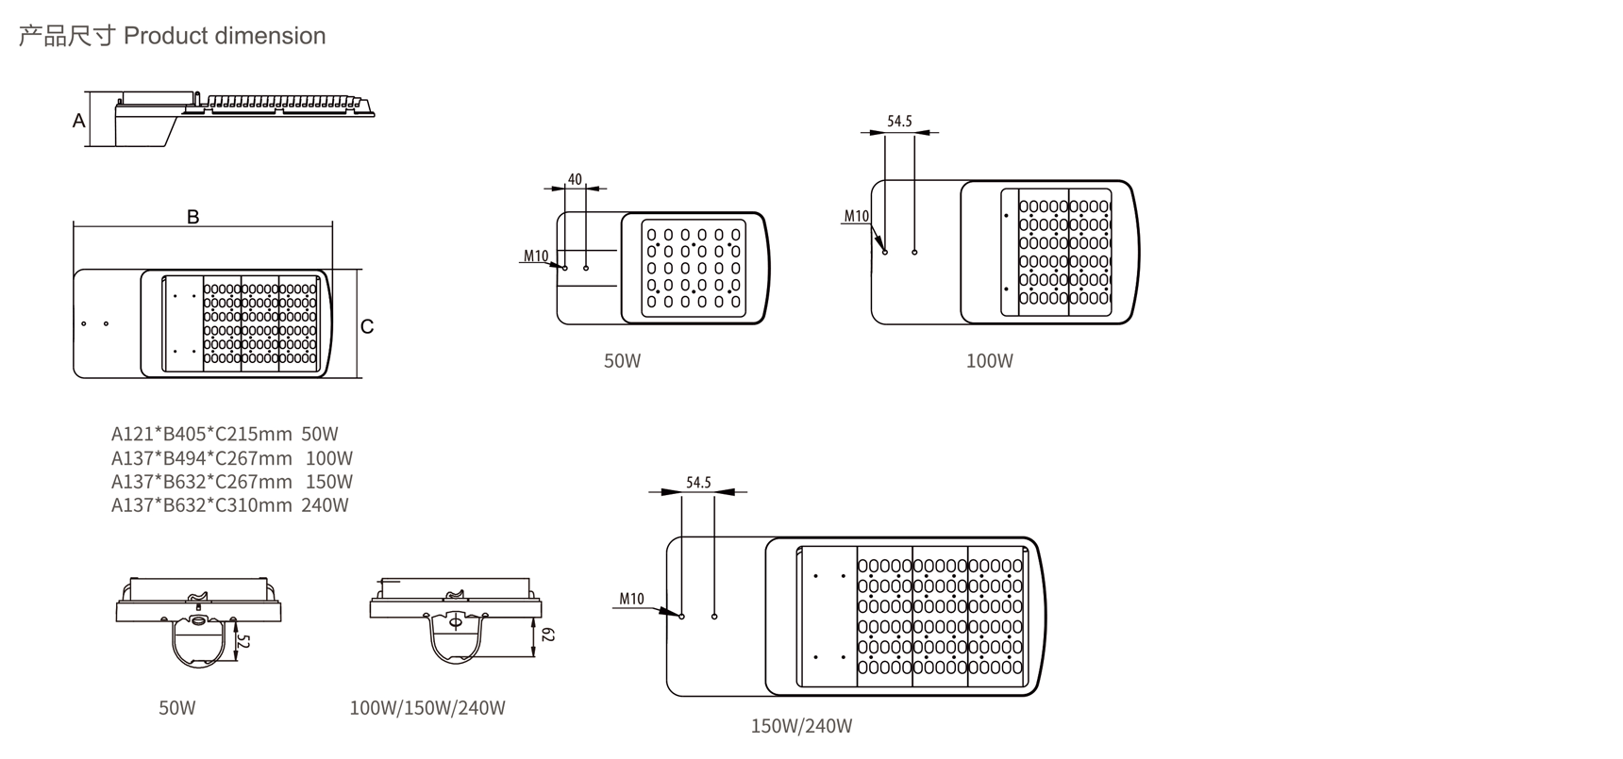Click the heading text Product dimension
coord(225,36)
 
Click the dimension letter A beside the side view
coord(79,121)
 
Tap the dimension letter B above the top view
coord(193,217)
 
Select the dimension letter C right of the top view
coord(367,326)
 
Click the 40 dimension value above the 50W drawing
coord(575,179)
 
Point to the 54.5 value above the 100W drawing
coord(899,122)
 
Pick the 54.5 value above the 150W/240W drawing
coord(698,483)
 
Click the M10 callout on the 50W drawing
coord(536,256)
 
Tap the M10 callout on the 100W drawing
coord(856,216)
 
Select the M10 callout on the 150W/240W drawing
coord(631,599)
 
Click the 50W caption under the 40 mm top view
coord(622,361)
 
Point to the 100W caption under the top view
coord(989,361)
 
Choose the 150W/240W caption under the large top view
coord(801,726)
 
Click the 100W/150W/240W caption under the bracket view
coord(427,708)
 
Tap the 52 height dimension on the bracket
coord(243,642)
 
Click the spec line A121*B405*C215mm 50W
coord(225,435)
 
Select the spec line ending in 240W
coord(229,505)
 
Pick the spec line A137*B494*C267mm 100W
coord(231,458)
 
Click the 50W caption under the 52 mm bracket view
coord(177,708)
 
